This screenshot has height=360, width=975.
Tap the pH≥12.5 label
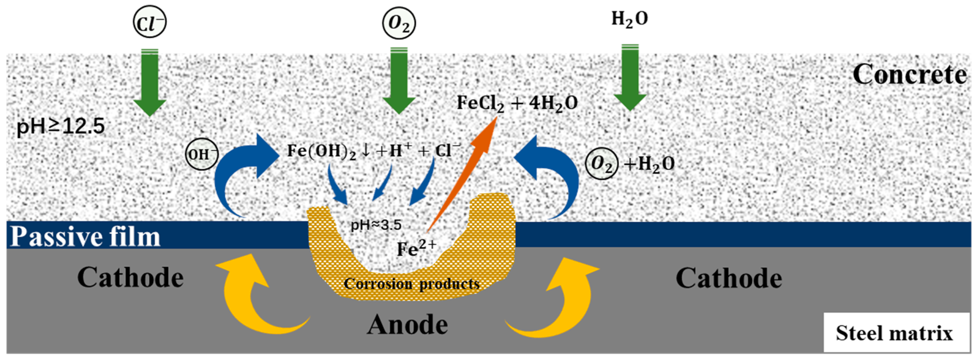[61, 126]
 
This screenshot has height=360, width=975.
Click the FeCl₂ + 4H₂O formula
[517, 103]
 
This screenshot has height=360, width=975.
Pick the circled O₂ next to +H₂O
[602, 163]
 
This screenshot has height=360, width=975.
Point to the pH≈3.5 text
[376, 225]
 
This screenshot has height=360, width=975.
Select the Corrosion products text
[411, 284]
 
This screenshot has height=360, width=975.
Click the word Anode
[407, 324]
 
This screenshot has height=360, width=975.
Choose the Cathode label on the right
[729, 278]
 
